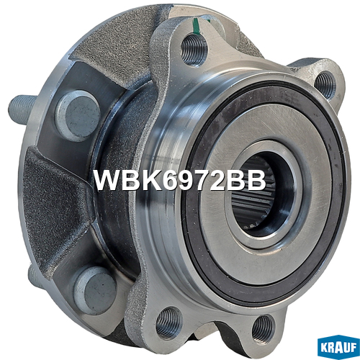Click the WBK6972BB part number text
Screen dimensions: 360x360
point(180,181)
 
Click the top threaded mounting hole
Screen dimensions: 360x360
point(194,50)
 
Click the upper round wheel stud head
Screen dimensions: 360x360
point(78,116)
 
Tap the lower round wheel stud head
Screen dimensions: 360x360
point(95,290)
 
